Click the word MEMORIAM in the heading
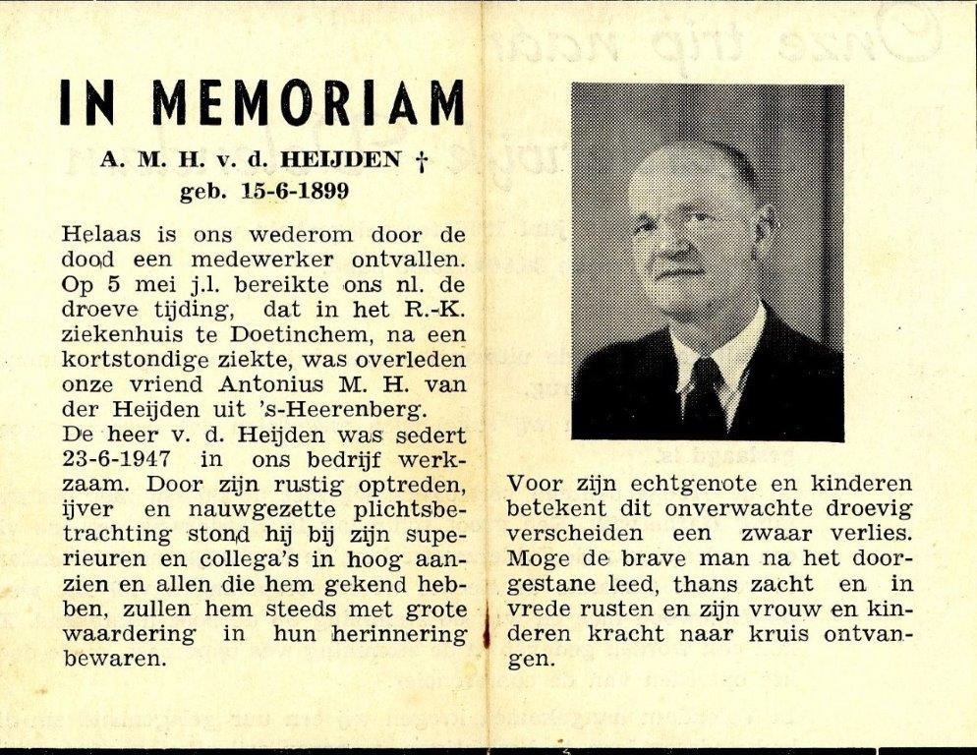tap(309, 102)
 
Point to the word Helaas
tap(101, 236)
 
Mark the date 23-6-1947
tap(113, 459)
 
